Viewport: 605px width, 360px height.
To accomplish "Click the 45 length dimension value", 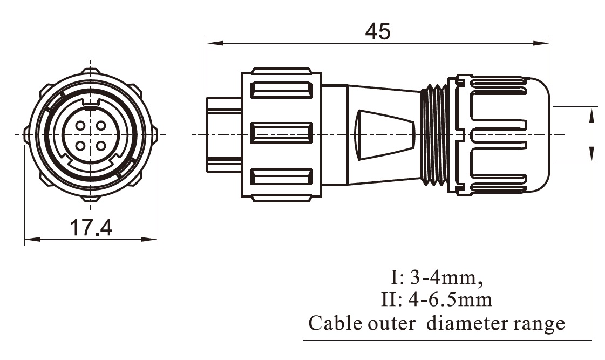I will (377, 32).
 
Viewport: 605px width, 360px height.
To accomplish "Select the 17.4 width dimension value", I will (91, 228).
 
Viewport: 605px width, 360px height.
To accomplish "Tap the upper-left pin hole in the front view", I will (80, 126).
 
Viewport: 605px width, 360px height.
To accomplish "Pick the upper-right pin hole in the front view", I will (100, 126).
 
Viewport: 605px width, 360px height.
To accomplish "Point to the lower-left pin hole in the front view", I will (80, 145).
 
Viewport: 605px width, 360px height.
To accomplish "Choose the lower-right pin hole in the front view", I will (100, 145).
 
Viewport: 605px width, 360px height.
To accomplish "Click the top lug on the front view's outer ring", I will (90, 71).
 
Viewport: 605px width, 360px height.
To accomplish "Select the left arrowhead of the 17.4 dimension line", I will (30, 239).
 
